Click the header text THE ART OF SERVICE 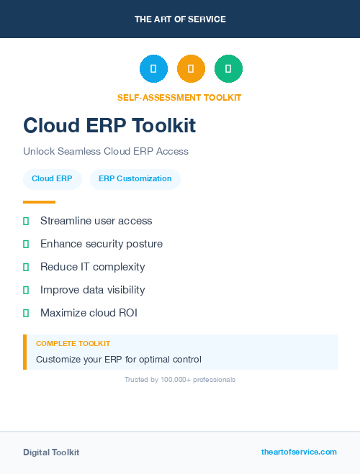coord(180,19)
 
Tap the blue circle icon coord(153,68)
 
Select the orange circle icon coord(191,68)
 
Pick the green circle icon coord(228,68)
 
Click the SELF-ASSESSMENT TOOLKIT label coord(179,98)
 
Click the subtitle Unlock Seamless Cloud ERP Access coord(105,152)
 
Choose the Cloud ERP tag coord(52,179)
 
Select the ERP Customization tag coord(135,179)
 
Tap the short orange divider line coord(39,202)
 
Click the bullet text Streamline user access coord(96,221)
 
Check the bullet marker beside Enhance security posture coord(26,244)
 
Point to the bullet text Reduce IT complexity coord(92,267)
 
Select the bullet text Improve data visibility coord(92,290)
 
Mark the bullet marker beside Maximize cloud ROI coord(26,313)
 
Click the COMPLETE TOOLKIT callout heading coord(73,344)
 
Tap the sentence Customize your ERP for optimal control coord(119,359)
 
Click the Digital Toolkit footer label coord(51,452)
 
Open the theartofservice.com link coord(299,452)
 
